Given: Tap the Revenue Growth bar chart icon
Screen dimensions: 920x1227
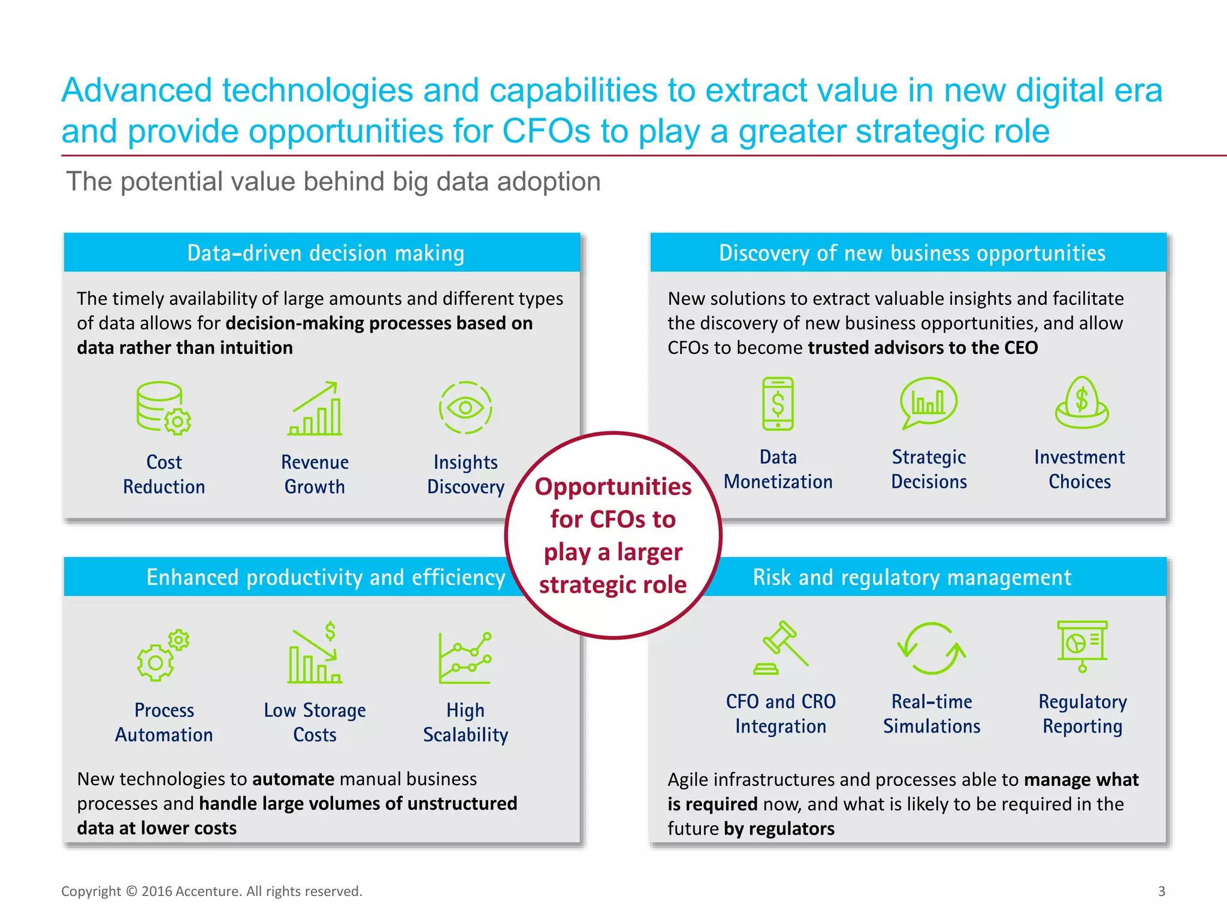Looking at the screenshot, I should [315, 408].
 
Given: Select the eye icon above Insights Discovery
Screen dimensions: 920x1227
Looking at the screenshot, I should [466, 408].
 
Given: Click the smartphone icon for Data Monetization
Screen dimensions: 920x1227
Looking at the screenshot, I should [778, 404].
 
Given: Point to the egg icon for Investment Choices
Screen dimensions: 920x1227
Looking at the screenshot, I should [1081, 402].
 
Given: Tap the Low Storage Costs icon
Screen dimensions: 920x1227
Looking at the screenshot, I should [315, 654].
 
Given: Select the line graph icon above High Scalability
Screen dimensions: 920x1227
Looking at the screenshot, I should [466, 658].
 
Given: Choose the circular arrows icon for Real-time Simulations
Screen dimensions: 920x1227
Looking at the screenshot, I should [931, 649].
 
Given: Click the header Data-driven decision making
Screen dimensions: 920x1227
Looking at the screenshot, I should [325, 253].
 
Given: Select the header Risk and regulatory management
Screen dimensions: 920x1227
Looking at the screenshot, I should [911, 577].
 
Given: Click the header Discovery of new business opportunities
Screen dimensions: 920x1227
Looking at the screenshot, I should [911, 253].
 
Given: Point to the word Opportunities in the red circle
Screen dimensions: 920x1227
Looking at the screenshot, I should [613, 486].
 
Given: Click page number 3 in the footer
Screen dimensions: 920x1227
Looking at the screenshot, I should [1161, 891].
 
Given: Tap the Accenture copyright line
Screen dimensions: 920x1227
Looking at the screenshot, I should [211, 891].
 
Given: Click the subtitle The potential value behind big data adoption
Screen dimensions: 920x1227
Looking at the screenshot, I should [333, 181].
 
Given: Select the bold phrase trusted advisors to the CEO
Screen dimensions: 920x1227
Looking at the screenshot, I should [922, 348].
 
